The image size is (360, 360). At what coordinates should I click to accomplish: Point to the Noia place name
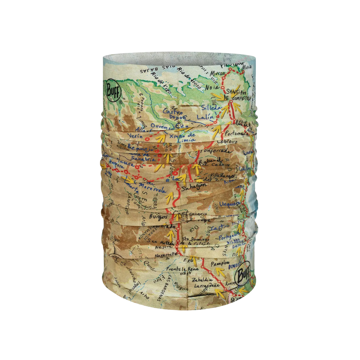212,87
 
